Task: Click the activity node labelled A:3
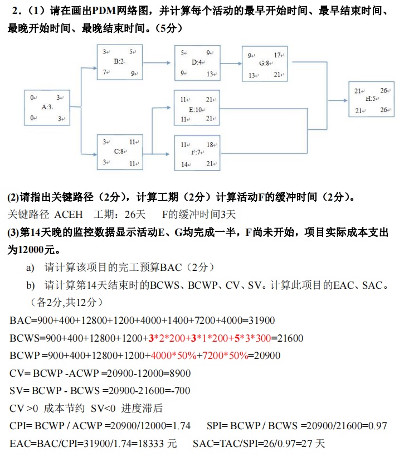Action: pos(47,107)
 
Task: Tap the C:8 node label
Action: pos(119,151)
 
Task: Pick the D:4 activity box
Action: pos(196,62)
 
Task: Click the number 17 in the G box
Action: pos(277,55)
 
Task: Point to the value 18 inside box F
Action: pos(210,145)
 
